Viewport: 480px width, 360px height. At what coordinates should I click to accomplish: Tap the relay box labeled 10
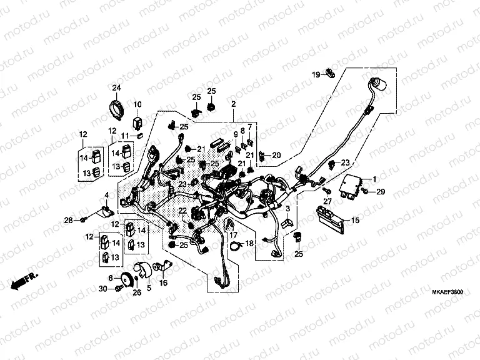click(x=137, y=119)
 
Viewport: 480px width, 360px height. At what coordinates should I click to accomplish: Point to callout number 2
click(x=232, y=104)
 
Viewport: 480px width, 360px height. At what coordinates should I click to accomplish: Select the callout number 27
click(x=326, y=201)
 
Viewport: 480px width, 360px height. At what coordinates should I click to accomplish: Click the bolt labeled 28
click(x=82, y=219)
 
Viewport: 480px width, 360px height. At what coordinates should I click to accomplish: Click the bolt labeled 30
click(x=117, y=287)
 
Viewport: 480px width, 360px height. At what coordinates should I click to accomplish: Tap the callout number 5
click(x=149, y=289)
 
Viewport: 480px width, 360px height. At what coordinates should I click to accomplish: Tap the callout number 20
click(x=276, y=155)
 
